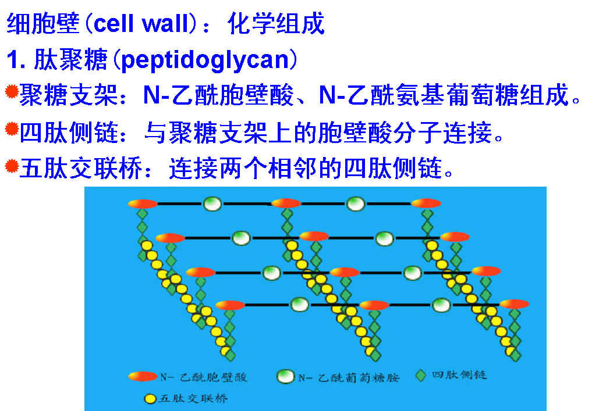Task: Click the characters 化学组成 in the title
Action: [x=276, y=24]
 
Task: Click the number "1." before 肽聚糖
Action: [x=16, y=60]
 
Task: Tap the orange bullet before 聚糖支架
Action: [x=12, y=92]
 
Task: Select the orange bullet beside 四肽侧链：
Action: [x=12, y=129]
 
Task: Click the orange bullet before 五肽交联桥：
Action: [x=12, y=166]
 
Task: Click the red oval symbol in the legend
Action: [x=143, y=376]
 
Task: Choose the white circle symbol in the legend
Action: [x=285, y=377]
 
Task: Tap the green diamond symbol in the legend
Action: [x=421, y=376]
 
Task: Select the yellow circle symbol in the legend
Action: [x=150, y=399]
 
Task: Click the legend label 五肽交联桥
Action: [x=193, y=398]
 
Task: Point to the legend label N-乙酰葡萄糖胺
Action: [x=349, y=378]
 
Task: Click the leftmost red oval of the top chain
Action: [x=143, y=204]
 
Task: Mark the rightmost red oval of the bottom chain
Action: [x=514, y=304]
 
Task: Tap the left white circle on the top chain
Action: [x=212, y=204]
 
